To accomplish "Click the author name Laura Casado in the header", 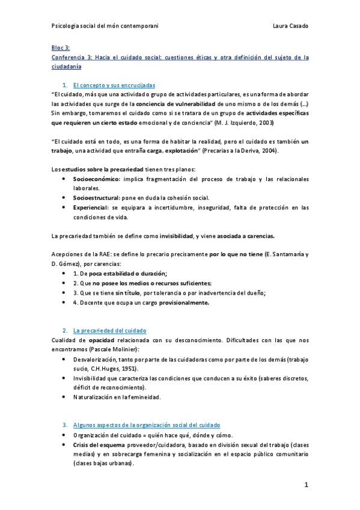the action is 290,26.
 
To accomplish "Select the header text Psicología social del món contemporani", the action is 106,26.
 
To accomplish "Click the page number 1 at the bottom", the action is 306,485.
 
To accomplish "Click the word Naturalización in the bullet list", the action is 94,397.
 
